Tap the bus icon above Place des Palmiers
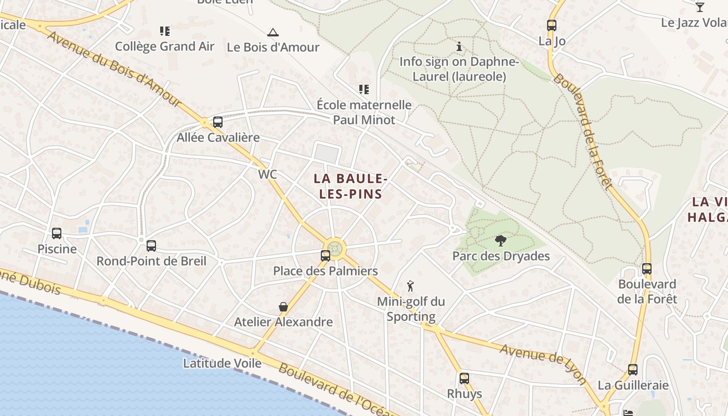tap(326, 255)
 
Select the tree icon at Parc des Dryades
tap(501, 240)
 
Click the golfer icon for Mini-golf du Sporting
tap(411, 286)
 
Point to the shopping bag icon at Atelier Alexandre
tap(283, 307)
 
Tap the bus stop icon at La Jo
tap(552, 25)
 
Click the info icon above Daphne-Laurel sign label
tap(459, 47)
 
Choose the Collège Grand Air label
tap(165, 46)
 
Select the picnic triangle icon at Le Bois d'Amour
tap(273, 32)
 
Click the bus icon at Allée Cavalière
tap(218, 122)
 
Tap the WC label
tap(268, 175)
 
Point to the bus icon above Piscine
tap(57, 233)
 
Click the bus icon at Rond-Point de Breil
tap(151, 245)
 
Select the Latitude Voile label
tap(222, 363)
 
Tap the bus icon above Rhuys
tap(464, 378)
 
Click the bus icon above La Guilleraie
tap(633, 370)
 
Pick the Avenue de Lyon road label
tap(543, 363)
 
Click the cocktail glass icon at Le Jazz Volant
tap(700, 7)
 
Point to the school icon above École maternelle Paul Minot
tap(364, 89)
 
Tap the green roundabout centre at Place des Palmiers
tap(334, 248)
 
